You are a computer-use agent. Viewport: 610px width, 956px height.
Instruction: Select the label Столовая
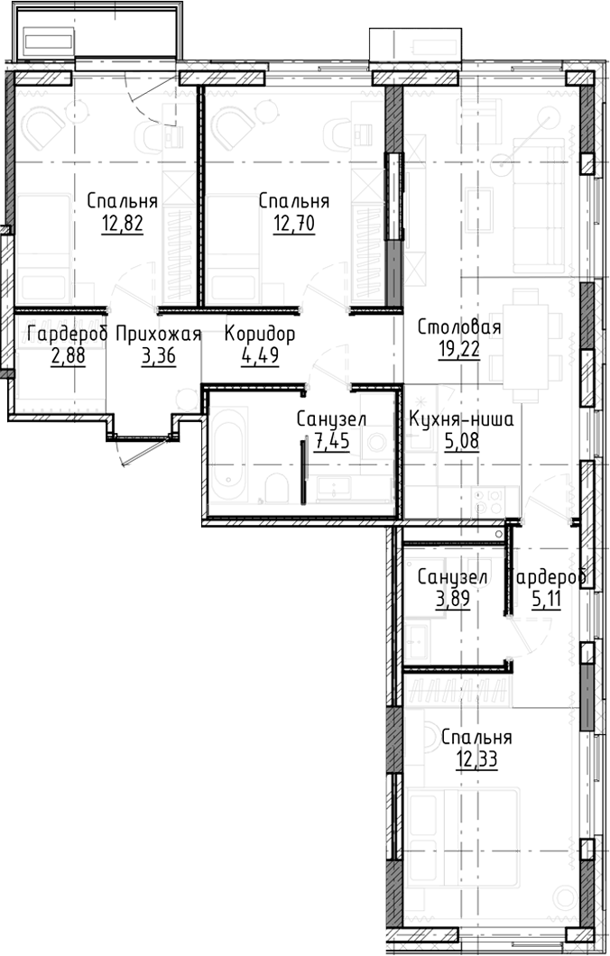[x=458, y=327]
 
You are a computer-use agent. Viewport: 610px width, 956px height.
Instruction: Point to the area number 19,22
[x=458, y=350]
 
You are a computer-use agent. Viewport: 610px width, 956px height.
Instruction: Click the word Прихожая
[x=158, y=334]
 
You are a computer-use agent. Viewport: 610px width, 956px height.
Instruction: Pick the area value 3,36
[x=159, y=355]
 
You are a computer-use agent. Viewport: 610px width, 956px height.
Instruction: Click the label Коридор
[x=260, y=334]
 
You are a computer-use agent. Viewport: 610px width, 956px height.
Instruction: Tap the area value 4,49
[x=260, y=355]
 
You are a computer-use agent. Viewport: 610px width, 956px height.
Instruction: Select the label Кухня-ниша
[x=461, y=418]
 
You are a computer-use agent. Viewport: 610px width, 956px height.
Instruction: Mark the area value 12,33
[x=476, y=758]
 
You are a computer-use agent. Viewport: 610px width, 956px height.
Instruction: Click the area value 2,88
[x=67, y=355]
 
